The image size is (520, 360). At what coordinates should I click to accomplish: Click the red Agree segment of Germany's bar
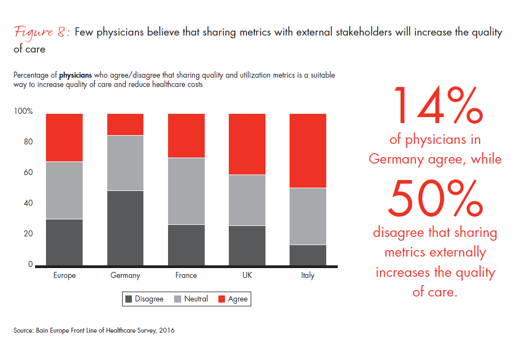point(125,124)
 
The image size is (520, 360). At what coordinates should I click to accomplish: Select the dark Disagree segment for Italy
point(308,255)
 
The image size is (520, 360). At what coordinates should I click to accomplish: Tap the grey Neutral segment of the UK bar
point(247,200)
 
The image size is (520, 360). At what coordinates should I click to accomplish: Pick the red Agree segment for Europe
point(64,137)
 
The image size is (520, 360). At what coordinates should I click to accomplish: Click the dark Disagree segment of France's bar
point(186,245)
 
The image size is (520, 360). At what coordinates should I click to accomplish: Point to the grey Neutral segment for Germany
point(125,163)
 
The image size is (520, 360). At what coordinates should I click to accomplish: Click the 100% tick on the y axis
point(24,112)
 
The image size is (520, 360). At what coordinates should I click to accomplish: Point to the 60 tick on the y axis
point(28,173)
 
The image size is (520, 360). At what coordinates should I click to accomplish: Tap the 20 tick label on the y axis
point(28,234)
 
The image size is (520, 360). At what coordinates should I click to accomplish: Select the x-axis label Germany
point(125,276)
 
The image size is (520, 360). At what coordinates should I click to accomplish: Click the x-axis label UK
point(247,276)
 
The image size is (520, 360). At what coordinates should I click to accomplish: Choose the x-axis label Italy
point(308,276)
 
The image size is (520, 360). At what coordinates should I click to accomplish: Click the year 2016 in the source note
point(165,330)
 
